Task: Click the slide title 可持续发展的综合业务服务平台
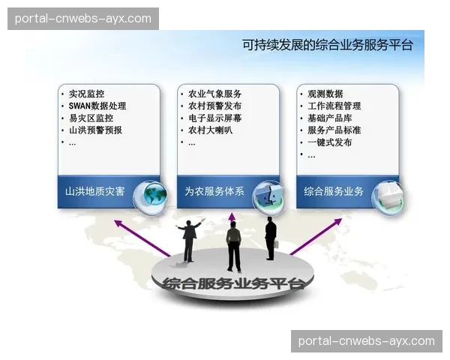tap(328, 45)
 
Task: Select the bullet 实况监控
tap(86, 94)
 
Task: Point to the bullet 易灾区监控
tap(91, 118)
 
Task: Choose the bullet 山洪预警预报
tap(95, 130)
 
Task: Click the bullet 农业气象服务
tap(214, 94)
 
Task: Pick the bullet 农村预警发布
tap(214, 106)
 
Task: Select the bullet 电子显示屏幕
tap(214, 118)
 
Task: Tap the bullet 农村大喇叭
tap(210, 130)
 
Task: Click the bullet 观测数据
tap(325, 94)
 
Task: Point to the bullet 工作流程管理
tap(334, 106)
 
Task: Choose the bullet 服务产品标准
tap(334, 130)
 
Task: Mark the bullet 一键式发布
tap(330, 142)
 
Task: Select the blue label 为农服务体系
tap(214, 191)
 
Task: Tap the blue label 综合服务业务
tap(334, 191)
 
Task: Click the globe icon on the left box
tap(149, 196)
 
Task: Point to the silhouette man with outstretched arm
tap(189, 238)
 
